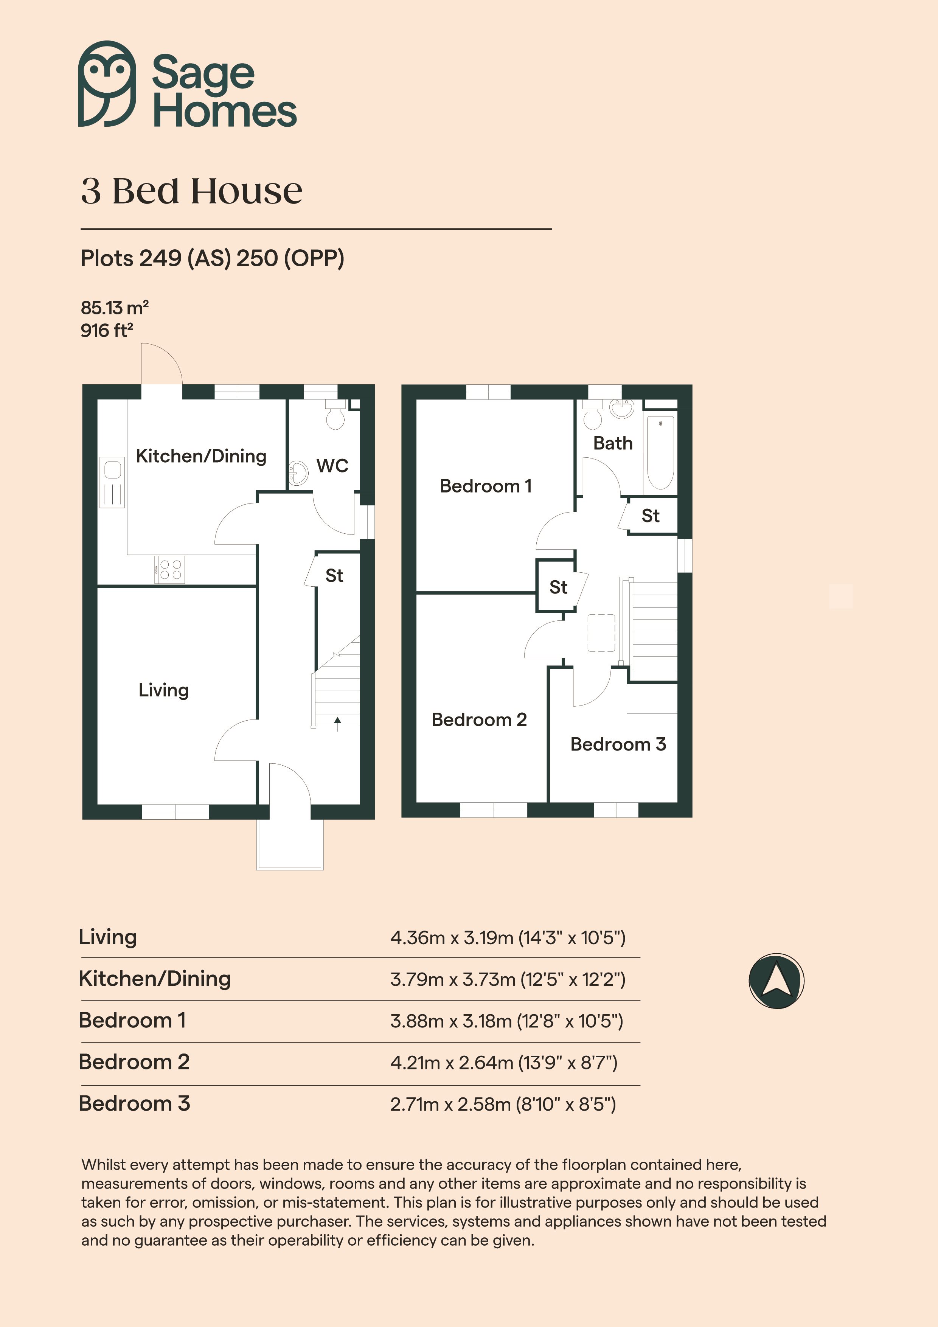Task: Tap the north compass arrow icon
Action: pos(776,981)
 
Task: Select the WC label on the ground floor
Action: pos(332,465)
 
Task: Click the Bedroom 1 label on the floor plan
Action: pos(486,486)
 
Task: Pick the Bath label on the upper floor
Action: pos(613,443)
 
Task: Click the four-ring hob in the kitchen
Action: pos(170,569)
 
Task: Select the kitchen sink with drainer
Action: pos(112,483)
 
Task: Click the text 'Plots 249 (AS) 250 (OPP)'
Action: pos(212,258)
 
